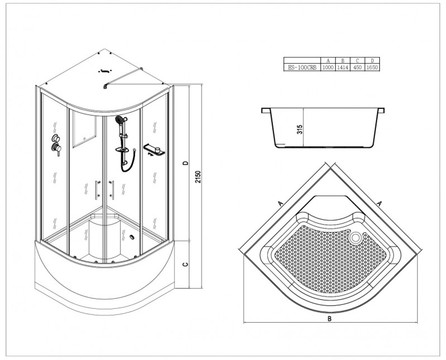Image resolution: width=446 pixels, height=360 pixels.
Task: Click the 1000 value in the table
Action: [x=328, y=67]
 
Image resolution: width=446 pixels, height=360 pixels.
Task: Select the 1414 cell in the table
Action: [x=343, y=67]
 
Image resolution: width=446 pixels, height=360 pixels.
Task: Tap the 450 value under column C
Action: [x=357, y=67]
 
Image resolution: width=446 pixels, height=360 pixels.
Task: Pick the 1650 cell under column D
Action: [x=372, y=67]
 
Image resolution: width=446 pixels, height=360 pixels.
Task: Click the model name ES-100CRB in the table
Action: [x=302, y=67]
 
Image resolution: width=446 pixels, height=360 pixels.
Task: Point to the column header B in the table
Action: [x=343, y=61]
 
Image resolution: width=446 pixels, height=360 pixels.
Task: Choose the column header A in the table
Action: [x=328, y=61]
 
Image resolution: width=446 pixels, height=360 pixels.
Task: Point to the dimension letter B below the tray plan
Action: [x=330, y=318]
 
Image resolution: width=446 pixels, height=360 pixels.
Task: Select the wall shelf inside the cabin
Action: [x=153, y=149]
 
